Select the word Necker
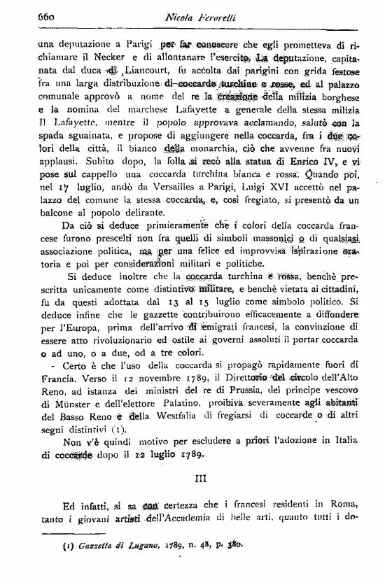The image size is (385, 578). click(x=94, y=58)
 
